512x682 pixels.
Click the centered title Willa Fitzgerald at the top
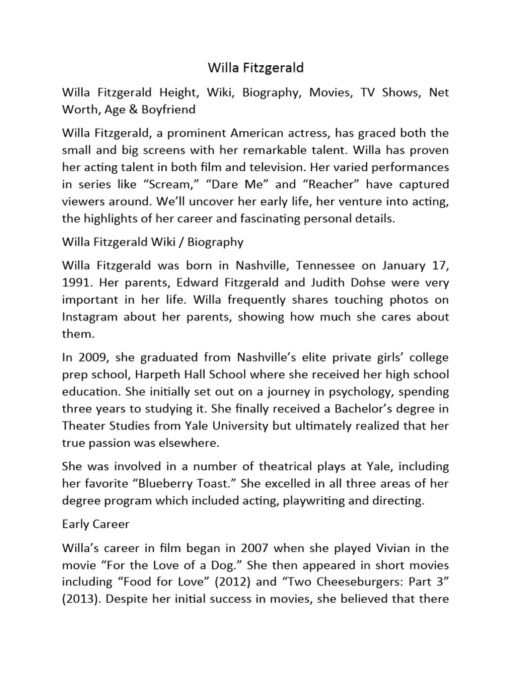(256, 67)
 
